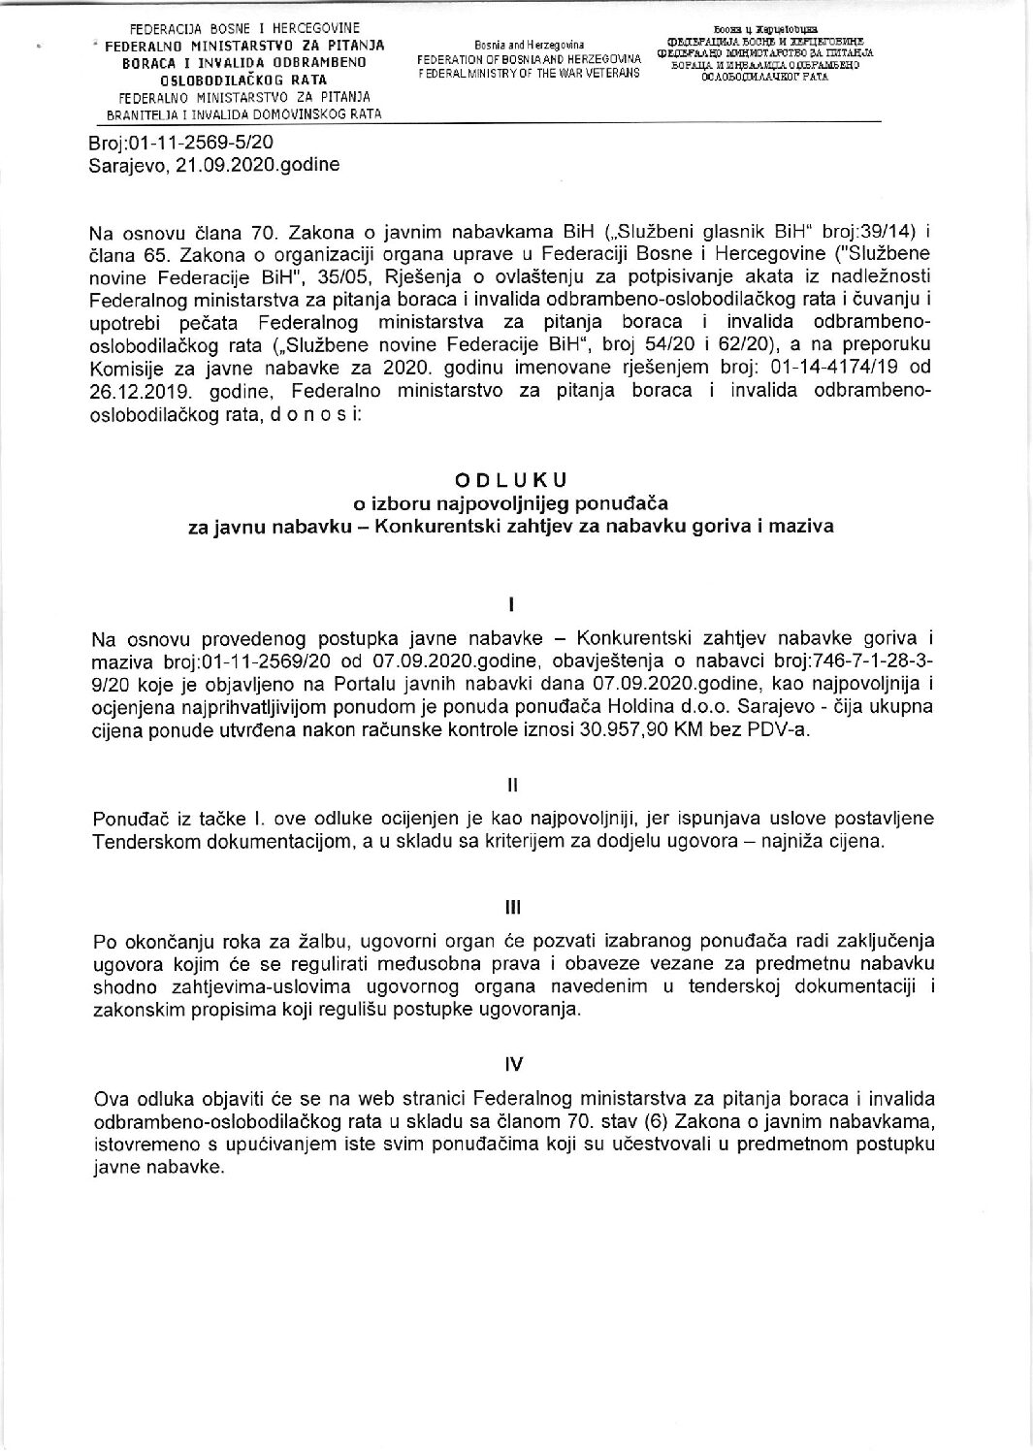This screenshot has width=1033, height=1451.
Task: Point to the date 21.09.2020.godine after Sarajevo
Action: [x=258, y=165]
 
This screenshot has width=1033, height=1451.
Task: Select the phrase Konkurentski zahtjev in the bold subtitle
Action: [x=456, y=527]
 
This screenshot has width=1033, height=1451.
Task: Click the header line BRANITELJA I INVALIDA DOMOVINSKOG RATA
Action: [x=243, y=113]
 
